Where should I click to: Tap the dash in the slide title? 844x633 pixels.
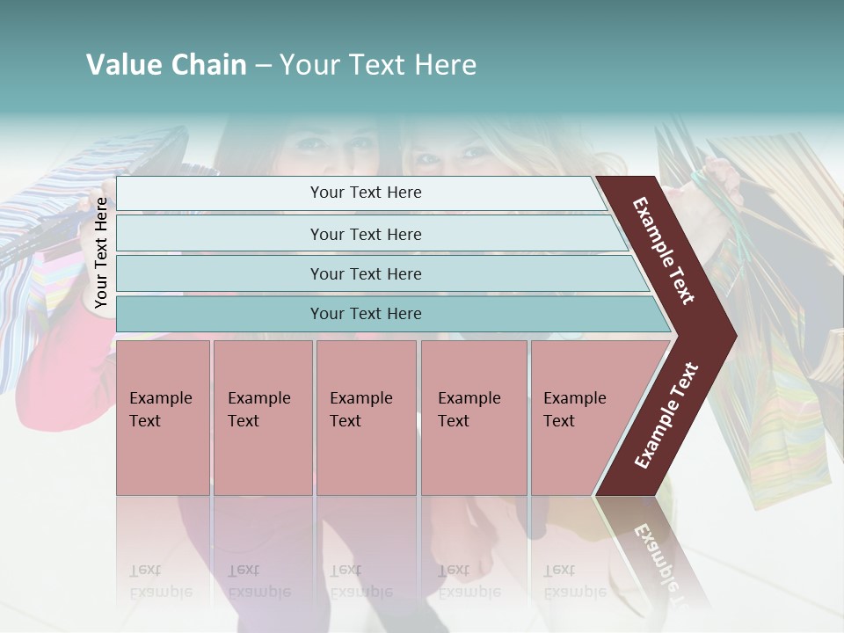(263, 66)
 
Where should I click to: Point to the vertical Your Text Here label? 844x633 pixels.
(101, 252)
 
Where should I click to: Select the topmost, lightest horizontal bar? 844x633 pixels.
(365, 193)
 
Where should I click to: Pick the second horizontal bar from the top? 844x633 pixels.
(365, 234)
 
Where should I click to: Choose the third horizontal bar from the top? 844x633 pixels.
(365, 273)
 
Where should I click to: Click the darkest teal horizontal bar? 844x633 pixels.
(365, 314)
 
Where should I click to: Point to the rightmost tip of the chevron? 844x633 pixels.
(735, 335)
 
